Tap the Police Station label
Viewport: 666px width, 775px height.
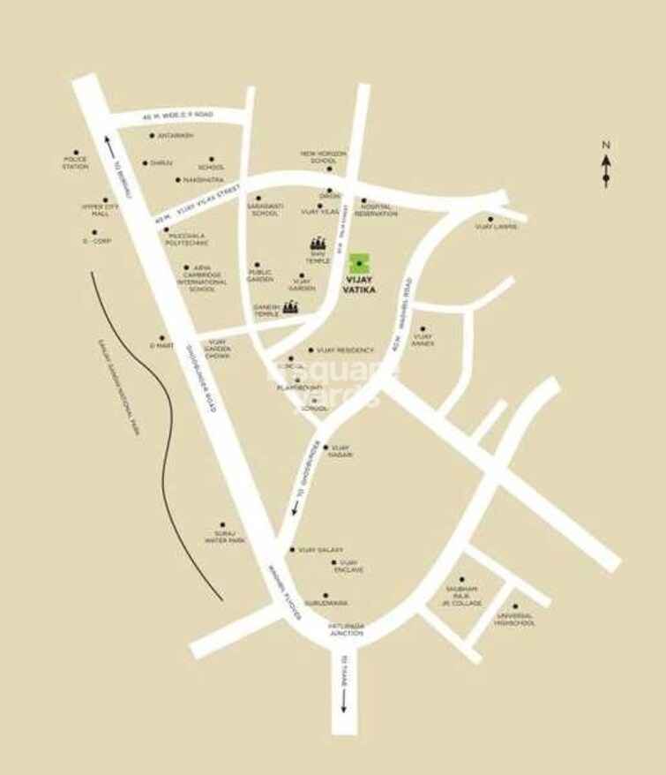coord(75,162)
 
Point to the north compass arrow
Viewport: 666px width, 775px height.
coord(606,168)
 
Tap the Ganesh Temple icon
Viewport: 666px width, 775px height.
coord(290,306)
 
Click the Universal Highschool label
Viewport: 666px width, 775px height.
coord(515,620)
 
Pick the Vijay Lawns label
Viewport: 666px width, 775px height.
coord(496,227)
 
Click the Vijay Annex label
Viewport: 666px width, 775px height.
coord(423,340)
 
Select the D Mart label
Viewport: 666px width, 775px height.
coord(161,346)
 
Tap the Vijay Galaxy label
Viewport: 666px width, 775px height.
coord(319,550)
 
